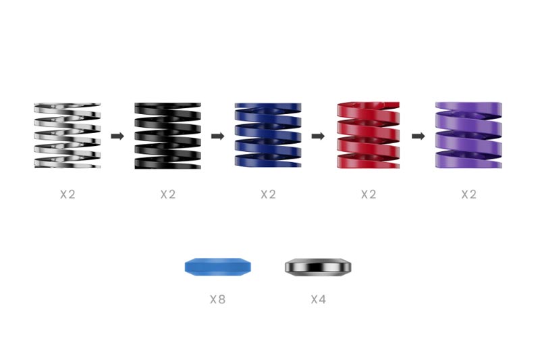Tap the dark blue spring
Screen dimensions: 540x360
pos(268,135)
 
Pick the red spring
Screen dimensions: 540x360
pos(368,135)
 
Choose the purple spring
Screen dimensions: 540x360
pos(468,135)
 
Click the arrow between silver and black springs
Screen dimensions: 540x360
pos(117,136)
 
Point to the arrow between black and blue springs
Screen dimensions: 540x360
pos(217,136)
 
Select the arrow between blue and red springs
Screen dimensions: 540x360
pos(318,136)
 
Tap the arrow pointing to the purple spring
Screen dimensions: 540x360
pos(418,136)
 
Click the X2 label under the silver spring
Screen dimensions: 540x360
pos(67,195)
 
